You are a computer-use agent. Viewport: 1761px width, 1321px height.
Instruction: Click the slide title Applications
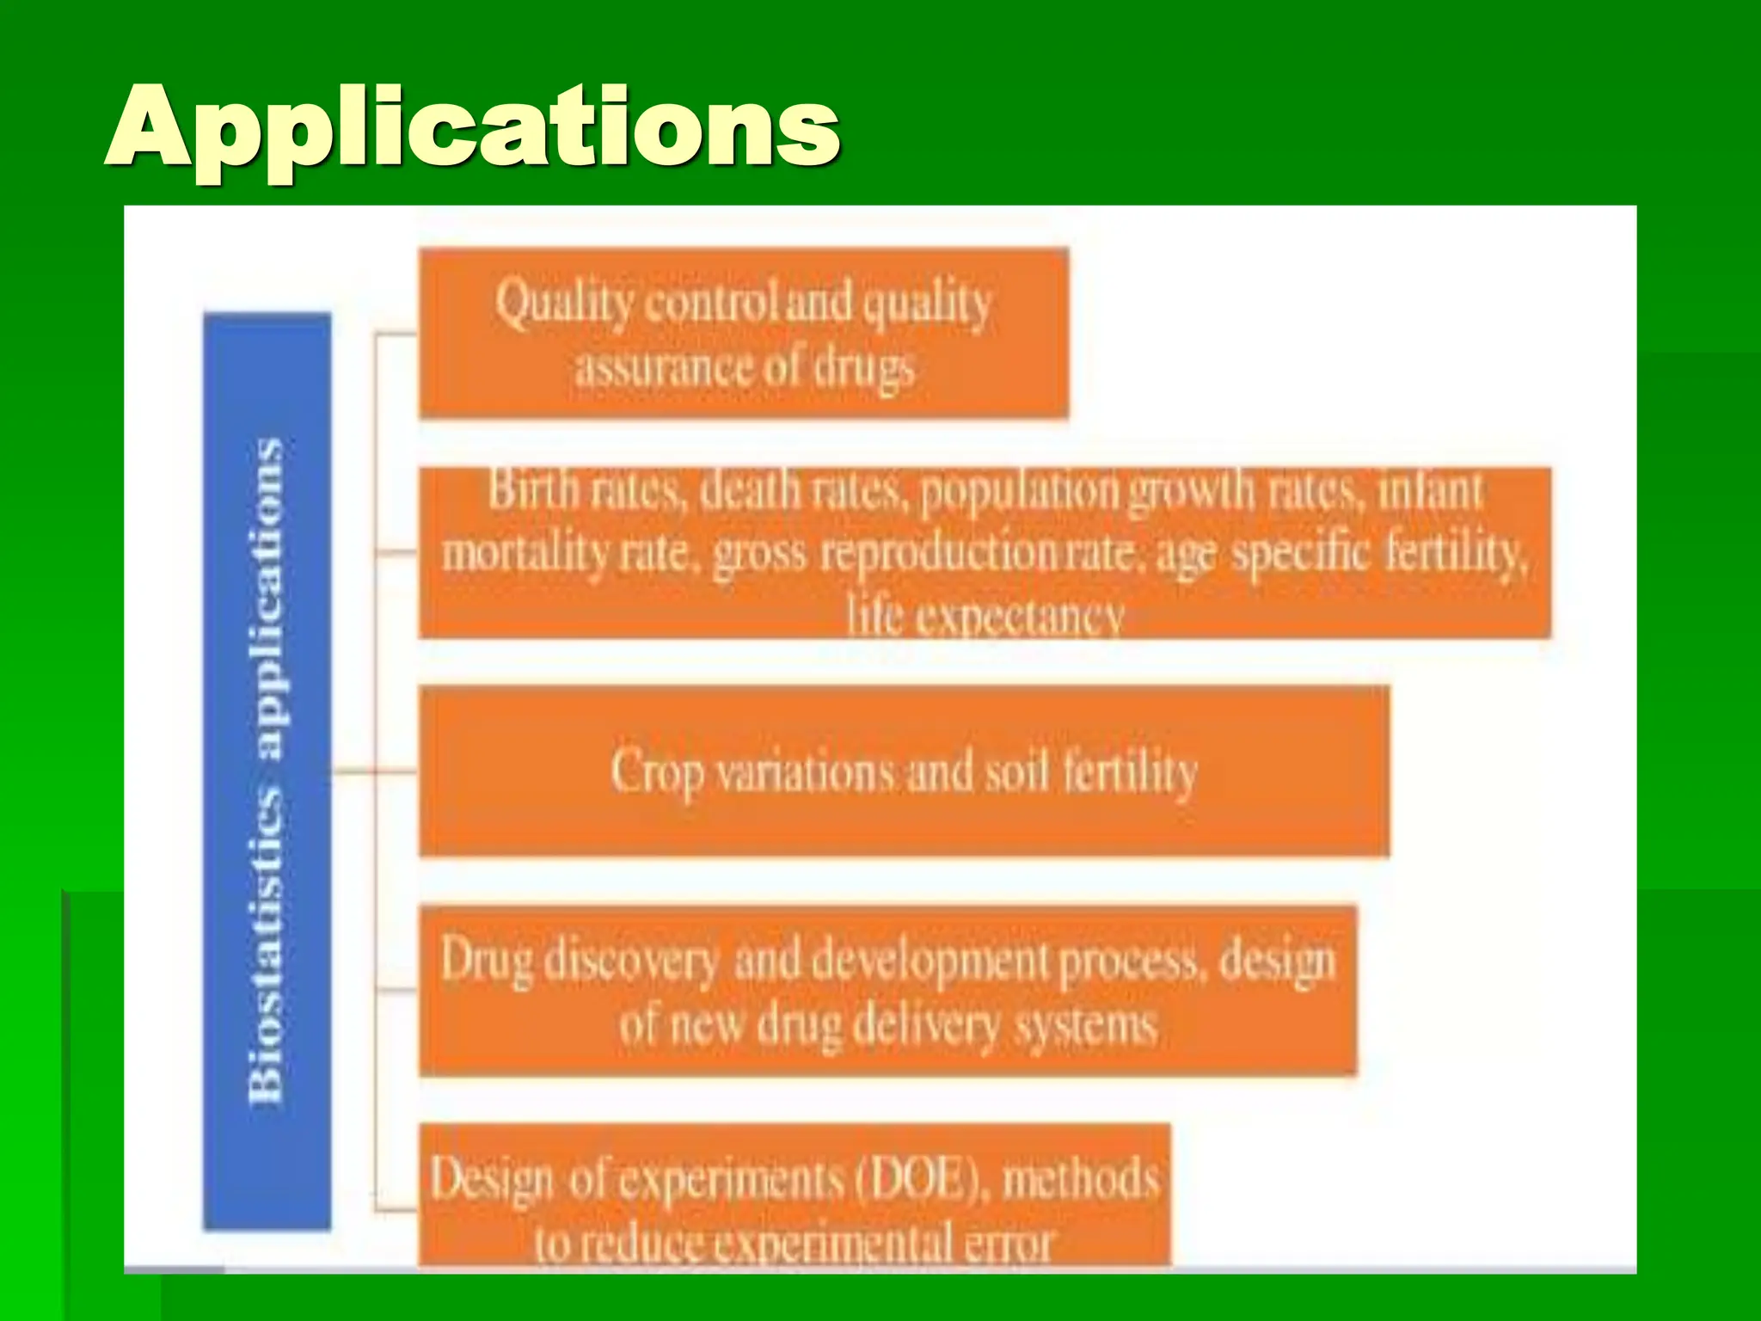(472, 127)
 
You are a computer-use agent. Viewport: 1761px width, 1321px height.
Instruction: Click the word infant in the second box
(1431, 490)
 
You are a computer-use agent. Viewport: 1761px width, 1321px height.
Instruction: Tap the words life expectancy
(985, 616)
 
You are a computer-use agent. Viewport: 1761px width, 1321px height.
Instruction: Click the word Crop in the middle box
(658, 771)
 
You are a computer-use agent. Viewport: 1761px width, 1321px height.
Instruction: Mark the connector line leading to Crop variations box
(375, 771)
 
